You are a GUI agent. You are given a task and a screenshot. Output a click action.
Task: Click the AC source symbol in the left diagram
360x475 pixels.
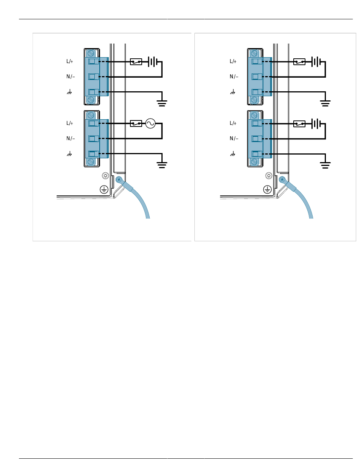[x=150, y=123]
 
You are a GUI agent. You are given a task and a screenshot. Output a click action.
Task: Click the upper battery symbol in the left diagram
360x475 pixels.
[x=152, y=61]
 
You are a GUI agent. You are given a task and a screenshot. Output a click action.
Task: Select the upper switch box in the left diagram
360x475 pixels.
[x=136, y=61]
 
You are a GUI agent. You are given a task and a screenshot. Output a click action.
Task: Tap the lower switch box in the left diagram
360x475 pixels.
[x=136, y=123]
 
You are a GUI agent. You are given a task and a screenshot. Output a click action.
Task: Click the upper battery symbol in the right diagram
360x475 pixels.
[x=316, y=61]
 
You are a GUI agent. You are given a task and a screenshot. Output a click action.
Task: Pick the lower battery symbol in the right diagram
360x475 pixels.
[x=316, y=123]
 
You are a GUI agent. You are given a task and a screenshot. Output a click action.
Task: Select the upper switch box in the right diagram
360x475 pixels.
[x=299, y=61]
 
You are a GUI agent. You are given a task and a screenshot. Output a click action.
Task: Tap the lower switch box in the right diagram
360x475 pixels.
[x=299, y=123]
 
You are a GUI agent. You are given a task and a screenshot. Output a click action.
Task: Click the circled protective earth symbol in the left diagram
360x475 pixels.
[x=104, y=189]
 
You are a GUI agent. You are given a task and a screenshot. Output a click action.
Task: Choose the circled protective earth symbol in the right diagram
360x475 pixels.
[x=268, y=189]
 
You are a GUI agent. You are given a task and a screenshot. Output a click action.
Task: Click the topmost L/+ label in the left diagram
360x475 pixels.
[x=70, y=61]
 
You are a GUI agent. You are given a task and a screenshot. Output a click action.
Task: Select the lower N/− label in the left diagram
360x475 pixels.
[x=70, y=139]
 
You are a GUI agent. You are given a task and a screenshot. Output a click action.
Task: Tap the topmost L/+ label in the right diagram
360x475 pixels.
[x=233, y=61]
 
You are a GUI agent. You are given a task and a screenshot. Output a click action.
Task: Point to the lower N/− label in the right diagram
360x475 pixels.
[x=234, y=139]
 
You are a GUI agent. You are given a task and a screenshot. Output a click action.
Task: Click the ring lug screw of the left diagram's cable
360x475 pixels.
[x=119, y=180]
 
